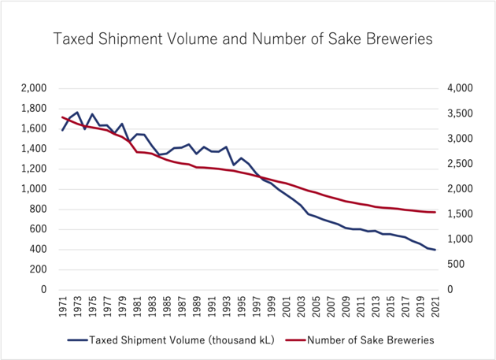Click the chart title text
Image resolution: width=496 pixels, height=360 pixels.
(242, 38)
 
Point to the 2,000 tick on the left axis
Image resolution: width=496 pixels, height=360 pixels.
(35, 88)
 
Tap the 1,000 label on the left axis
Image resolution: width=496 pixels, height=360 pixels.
(35, 189)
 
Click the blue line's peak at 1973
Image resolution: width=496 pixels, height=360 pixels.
(77, 113)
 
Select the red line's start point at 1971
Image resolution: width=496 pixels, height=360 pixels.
(62, 117)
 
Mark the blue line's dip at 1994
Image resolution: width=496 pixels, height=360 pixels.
(233, 165)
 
